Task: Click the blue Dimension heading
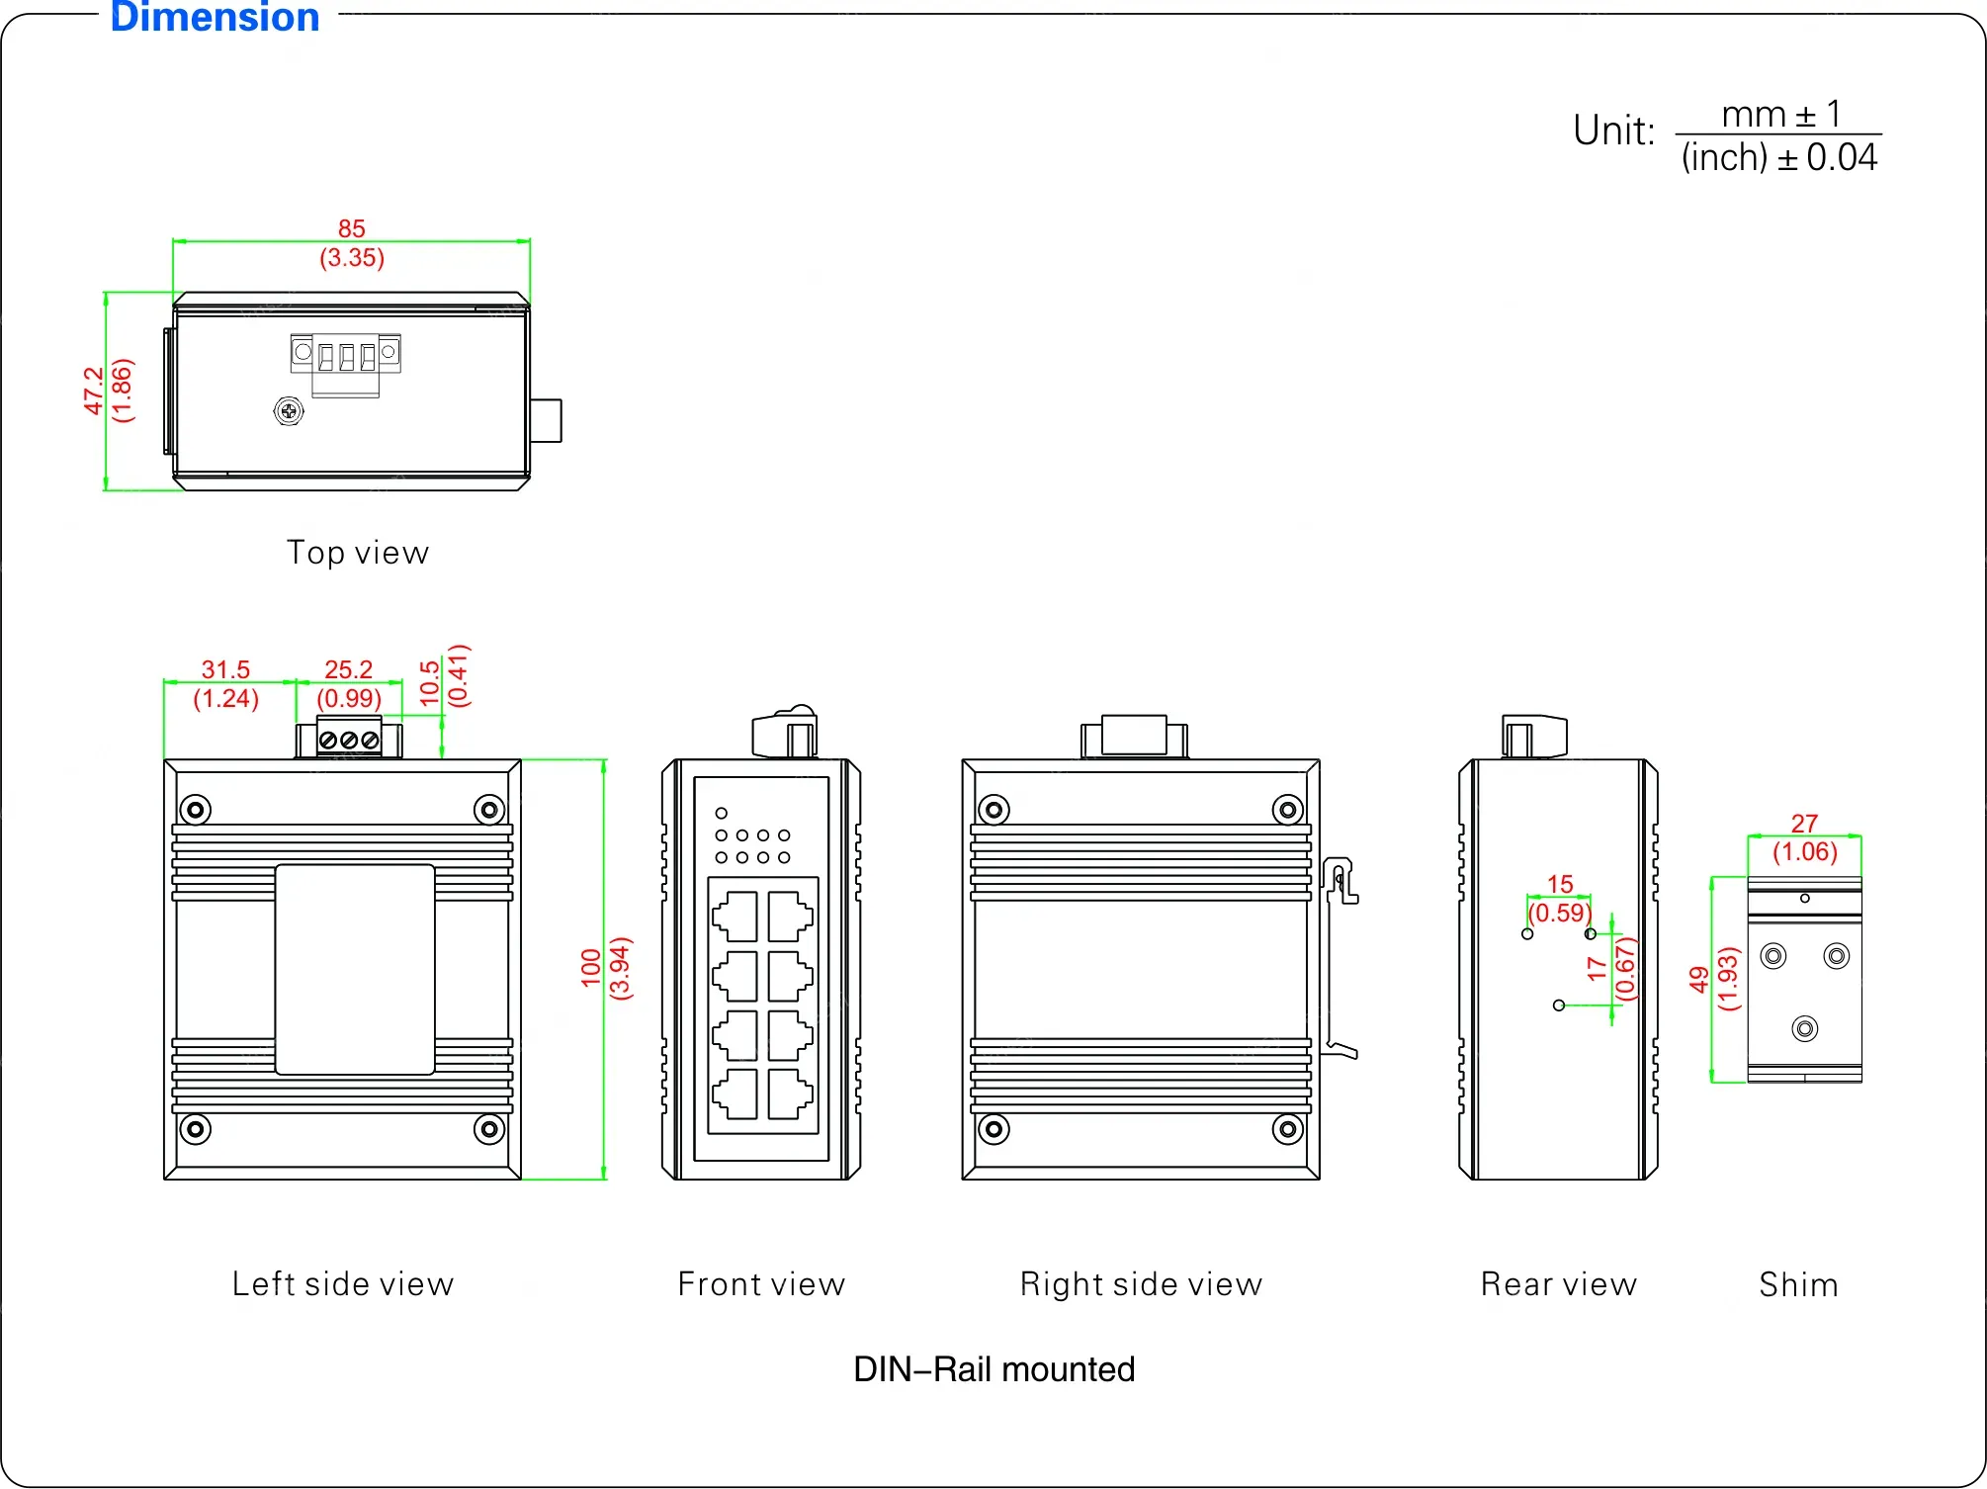click(215, 18)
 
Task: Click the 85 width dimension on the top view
click(351, 229)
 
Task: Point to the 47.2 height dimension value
click(93, 391)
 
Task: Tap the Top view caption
click(358, 553)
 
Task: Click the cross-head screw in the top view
click(289, 410)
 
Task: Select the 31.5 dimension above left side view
click(225, 670)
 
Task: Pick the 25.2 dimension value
click(348, 670)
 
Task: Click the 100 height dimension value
click(591, 968)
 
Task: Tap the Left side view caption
click(343, 1284)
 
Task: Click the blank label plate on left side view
click(355, 969)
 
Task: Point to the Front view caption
click(761, 1284)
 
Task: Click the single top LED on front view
click(722, 814)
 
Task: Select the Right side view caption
click(1141, 1284)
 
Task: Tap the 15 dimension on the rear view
click(1560, 884)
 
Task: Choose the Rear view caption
click(1558, 1284)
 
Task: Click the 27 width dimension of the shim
click(1804, 824)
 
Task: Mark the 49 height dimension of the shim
click(1698, 979)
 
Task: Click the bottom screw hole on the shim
click(1805, 1029)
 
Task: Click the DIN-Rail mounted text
click(993, 1370)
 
